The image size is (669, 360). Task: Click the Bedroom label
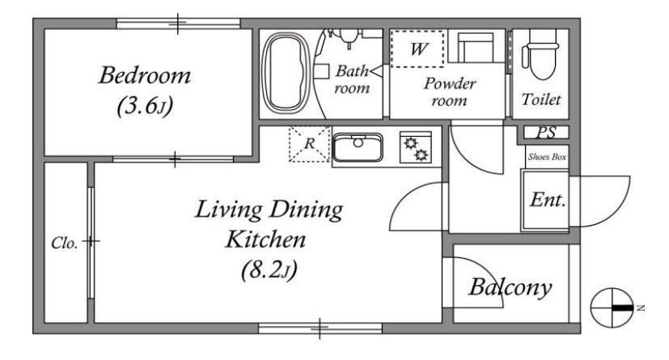click(145, 75)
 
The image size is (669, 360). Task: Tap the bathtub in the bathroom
click(286, 73)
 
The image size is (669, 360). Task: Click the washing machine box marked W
click(417, 49)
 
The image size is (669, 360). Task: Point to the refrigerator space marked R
click(309, 144)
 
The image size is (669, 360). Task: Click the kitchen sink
click(358, 146)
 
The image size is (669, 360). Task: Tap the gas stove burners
click(416, 147)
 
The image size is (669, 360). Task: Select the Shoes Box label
click(547, 157)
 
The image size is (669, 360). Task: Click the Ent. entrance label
click(548, 200)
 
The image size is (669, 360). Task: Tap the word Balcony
click(510, 288)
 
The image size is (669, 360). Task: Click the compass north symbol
click(612, 307)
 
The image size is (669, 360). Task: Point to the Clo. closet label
click(65, 244)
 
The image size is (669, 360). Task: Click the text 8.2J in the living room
click(269, 270)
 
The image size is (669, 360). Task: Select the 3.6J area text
click(145, 105)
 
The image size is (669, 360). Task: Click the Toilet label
click(541, 100)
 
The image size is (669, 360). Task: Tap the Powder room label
click(450, 91)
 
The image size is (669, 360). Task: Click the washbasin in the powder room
click(476, 46)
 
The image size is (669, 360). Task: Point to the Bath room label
click(352, 79)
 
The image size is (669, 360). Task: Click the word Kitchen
click(266, 239)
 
